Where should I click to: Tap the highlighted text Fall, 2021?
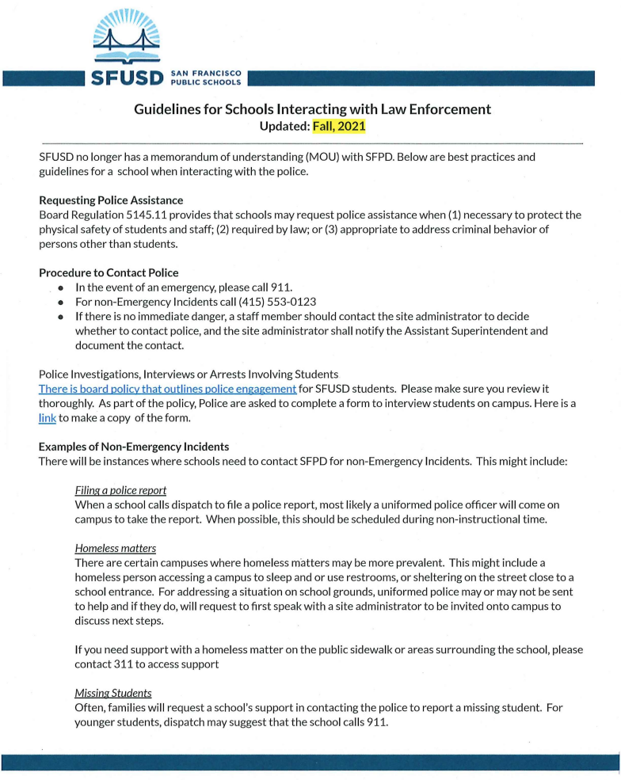pyautogui.click(x=339, y=126)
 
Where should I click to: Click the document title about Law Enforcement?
pyautogui.click(x=312, y=109)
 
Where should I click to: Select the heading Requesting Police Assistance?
pyautogui.click(x=111, y=200)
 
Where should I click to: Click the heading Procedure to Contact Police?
pyautogui.click(x=109, y=272)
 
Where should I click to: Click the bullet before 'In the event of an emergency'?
pyautogui.click(x=60, y=287)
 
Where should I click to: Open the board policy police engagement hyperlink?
pyautogui.click(x=168, y=389)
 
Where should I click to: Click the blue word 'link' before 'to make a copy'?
pyautogui.click(x=47, y=417)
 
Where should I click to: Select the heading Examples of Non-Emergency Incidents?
pyautogui.click(x=134, y=447)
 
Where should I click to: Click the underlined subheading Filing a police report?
pyautogui.click(x=120, y=490)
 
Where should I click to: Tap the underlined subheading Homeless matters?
pyautogui.click(x=115, y=547)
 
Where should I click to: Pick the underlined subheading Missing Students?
pyautogui.click(x=113, y=693)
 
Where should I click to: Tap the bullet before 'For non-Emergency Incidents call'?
pyautogui.click(x=60, y=302)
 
